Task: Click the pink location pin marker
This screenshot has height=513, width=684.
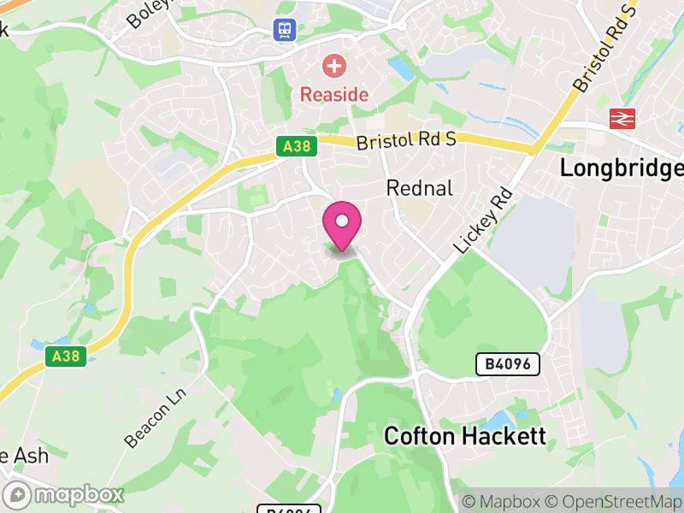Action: tap(342, 225)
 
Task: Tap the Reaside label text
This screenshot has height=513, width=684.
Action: tap(334, 95)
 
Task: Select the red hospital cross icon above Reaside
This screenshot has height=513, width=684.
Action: tap(333, 65)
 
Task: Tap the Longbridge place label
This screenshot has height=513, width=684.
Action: tap(622, 168)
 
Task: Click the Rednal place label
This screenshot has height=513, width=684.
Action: tap(419, 188)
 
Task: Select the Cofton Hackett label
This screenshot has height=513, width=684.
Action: tap(464, 436)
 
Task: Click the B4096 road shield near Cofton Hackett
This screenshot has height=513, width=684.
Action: tap(509, 365)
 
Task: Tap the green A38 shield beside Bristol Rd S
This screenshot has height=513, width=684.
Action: tap(297, 147)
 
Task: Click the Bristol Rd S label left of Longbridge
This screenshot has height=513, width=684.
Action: tap(406, 141)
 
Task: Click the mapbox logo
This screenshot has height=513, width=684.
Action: tap(64, 494)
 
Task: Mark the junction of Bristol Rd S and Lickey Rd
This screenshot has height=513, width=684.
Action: tap(533, 151)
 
